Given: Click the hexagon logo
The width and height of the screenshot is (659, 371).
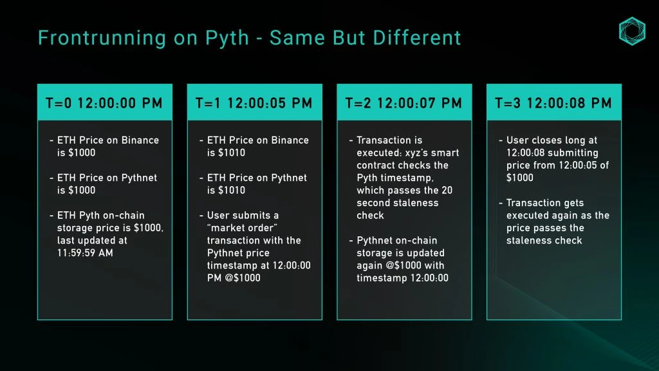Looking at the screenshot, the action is point(632,31).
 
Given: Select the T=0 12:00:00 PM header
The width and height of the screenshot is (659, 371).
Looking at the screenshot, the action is point(104,103).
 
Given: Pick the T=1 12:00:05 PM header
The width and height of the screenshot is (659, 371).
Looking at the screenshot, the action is point(254,103).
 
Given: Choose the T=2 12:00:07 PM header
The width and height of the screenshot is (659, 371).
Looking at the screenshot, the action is point(404,103).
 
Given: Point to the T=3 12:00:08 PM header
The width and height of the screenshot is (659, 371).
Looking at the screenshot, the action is point(553,103).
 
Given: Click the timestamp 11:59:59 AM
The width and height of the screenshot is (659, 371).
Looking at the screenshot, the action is point(85,252).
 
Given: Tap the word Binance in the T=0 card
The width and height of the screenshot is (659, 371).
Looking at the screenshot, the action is point(140,140).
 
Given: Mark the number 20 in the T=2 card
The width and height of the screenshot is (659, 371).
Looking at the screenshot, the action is point(447,190).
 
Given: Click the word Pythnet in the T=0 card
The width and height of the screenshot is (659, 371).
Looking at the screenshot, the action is point(139,178).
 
